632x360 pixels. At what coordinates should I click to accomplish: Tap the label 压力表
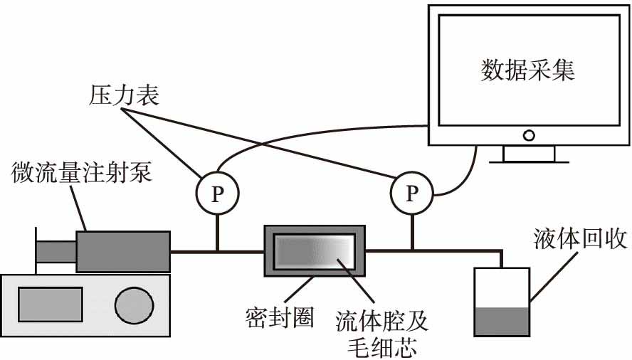click(125, 95)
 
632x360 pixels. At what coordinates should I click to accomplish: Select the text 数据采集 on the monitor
click(527, 70)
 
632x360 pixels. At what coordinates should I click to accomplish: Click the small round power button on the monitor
click(528, 134)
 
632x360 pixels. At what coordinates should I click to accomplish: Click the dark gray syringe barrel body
click(123, 251)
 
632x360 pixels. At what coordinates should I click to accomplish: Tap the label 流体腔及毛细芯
click(381, 333)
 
